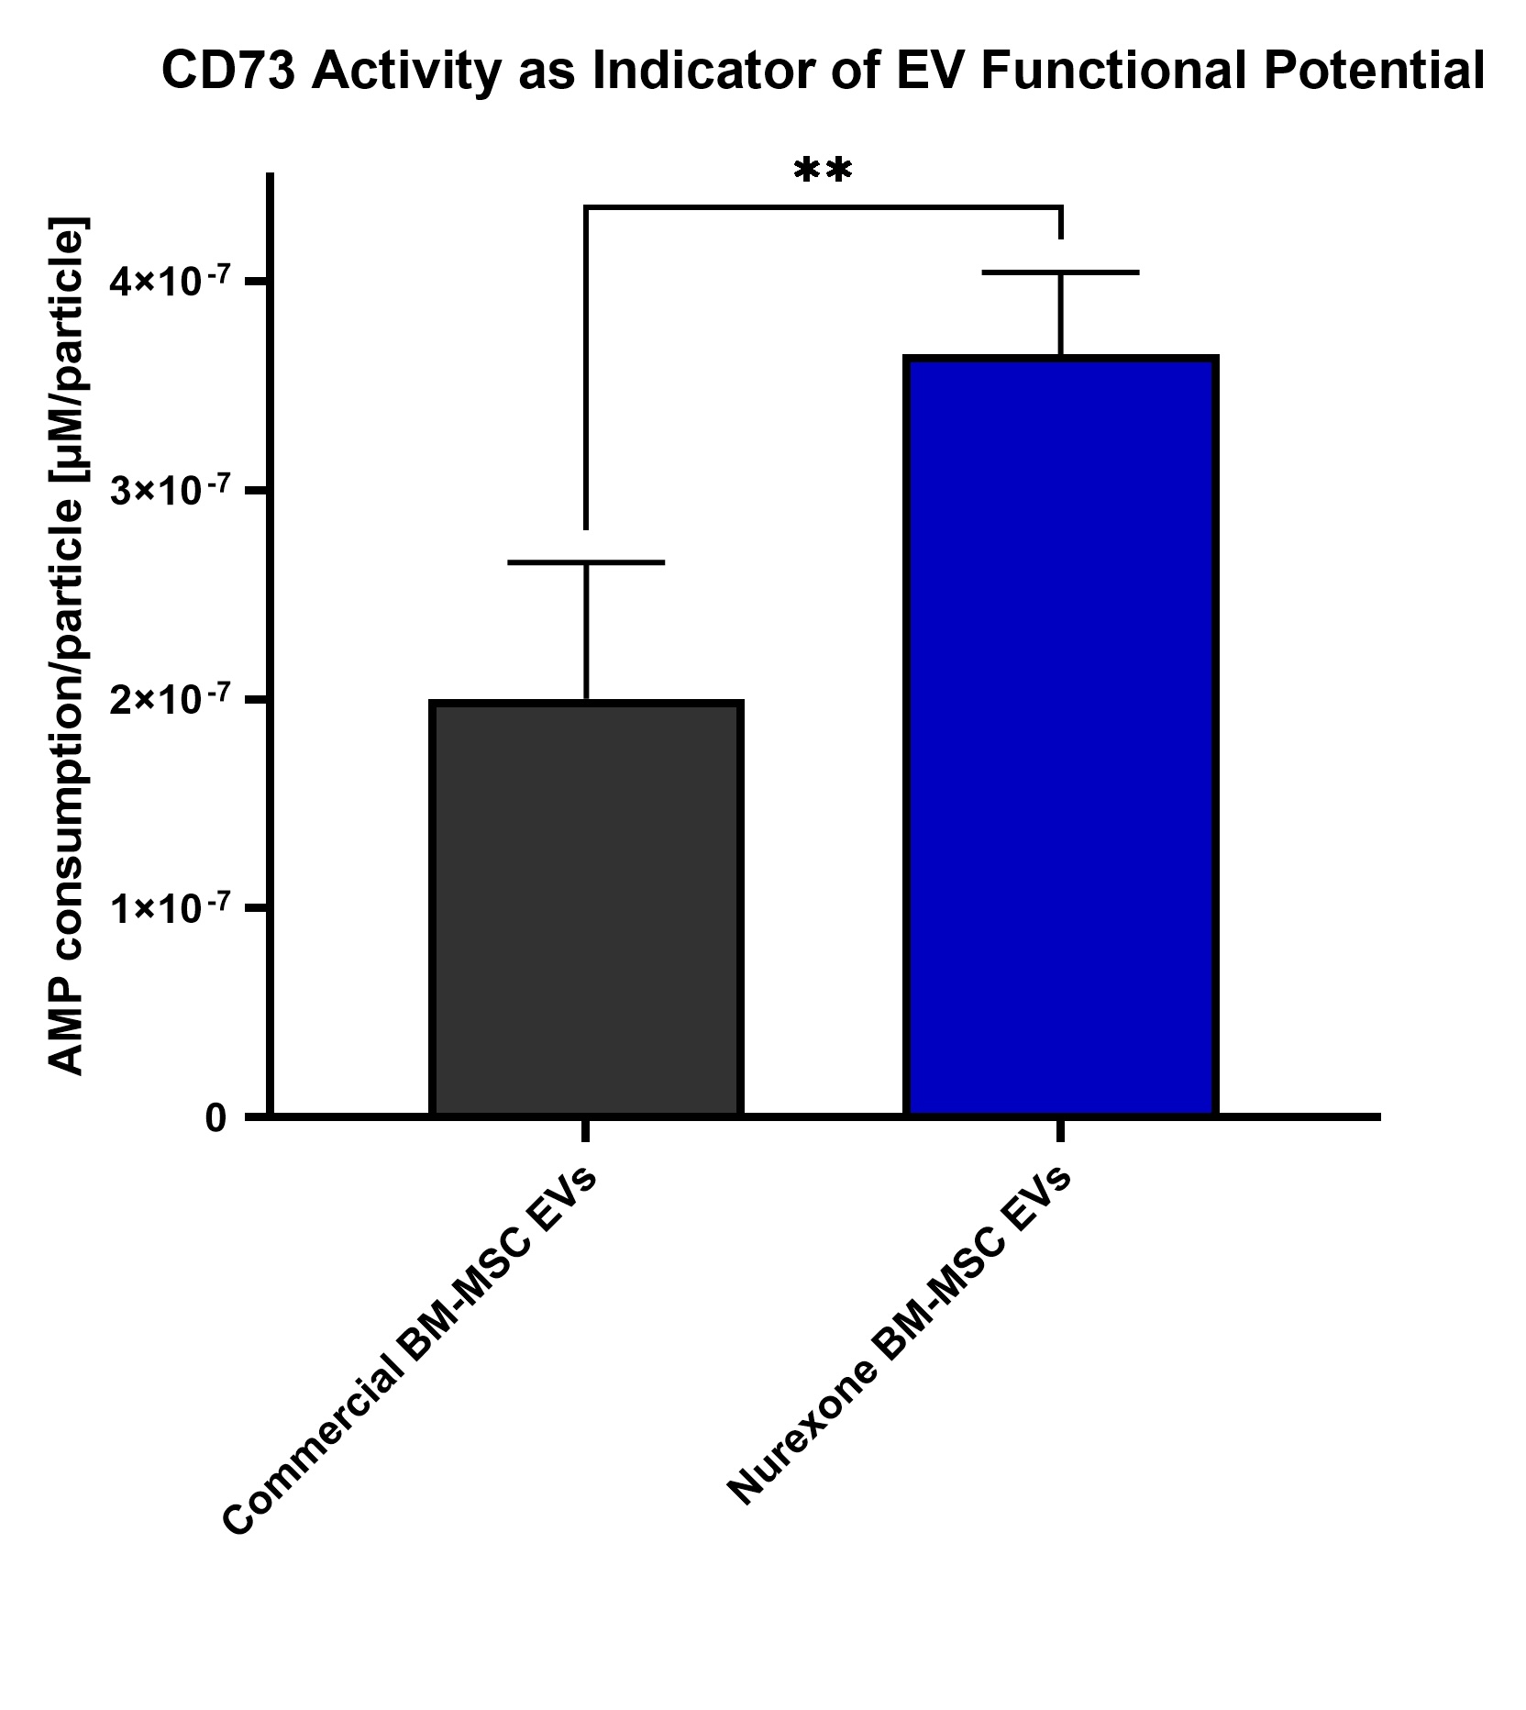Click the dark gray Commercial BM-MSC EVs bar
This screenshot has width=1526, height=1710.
coord(585,908)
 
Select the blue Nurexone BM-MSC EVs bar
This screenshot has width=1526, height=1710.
coord(1060,734)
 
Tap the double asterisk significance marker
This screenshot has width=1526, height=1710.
coord(823,172)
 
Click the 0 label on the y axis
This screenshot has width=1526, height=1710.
coord(216,1118)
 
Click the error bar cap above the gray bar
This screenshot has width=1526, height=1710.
coord(585,562)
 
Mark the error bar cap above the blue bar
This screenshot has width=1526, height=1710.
coord(1060,272)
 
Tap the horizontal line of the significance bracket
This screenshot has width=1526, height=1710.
coord(823,208)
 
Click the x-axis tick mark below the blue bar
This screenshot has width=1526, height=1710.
coord(1060,1130)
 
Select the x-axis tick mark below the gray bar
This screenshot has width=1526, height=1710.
coord(585,1130)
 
